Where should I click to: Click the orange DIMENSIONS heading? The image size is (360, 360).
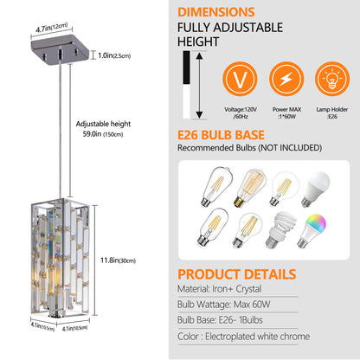coord(228,14)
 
